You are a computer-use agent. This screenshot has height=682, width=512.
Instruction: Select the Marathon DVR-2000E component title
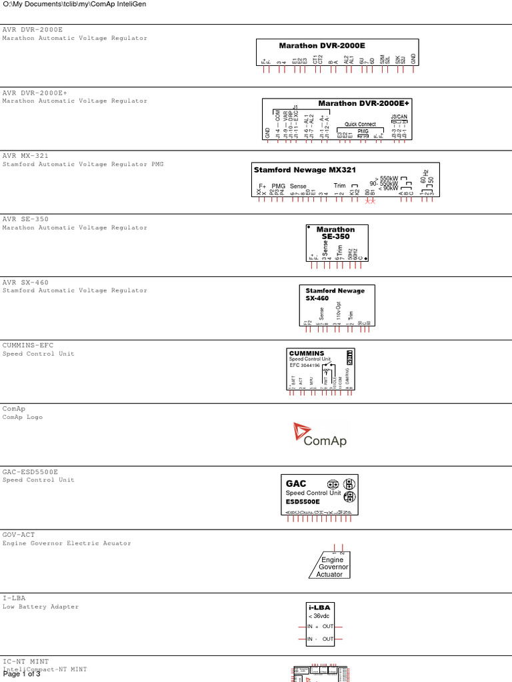coord(322,46)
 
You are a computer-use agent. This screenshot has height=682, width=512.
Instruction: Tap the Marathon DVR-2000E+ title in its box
coord(363,103)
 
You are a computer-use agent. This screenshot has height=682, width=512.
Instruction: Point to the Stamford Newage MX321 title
coord(304,170)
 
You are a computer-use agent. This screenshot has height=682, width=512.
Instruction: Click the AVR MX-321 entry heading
coord(25,156)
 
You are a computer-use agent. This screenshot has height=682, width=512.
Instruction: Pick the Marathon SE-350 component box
coord(337,243)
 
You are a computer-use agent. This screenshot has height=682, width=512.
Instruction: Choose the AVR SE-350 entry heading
coord(25,219)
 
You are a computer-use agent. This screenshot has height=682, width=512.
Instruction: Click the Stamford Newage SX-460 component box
coord(337,305)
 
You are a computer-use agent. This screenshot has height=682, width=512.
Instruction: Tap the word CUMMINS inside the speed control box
coord(307,353)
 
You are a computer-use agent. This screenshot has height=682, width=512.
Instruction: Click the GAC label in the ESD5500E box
coord(296,484)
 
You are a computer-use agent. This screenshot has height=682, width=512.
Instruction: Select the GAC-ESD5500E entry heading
coord(30,472)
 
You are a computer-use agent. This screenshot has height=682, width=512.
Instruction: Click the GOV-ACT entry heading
coord(19,535)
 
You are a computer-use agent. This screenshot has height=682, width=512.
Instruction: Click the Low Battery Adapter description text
coord(41,607)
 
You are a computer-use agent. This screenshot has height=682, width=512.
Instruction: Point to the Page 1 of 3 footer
coord(21,674)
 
